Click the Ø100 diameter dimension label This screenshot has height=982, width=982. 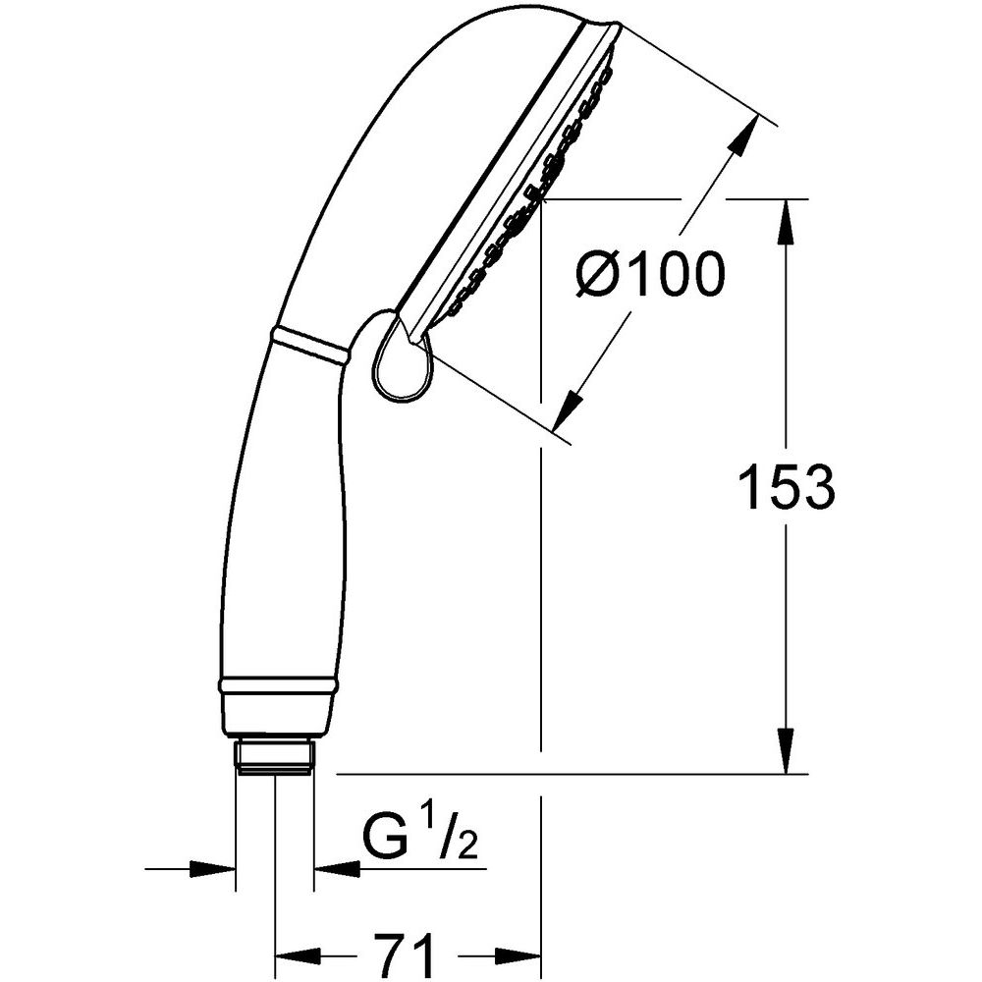coord(649,274)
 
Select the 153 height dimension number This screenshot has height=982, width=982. coord(786,487)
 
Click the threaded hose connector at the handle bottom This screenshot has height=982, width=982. coord(276,757)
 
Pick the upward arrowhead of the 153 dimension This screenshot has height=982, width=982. coord(788,222)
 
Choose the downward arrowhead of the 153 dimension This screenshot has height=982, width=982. coord(788,751)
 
